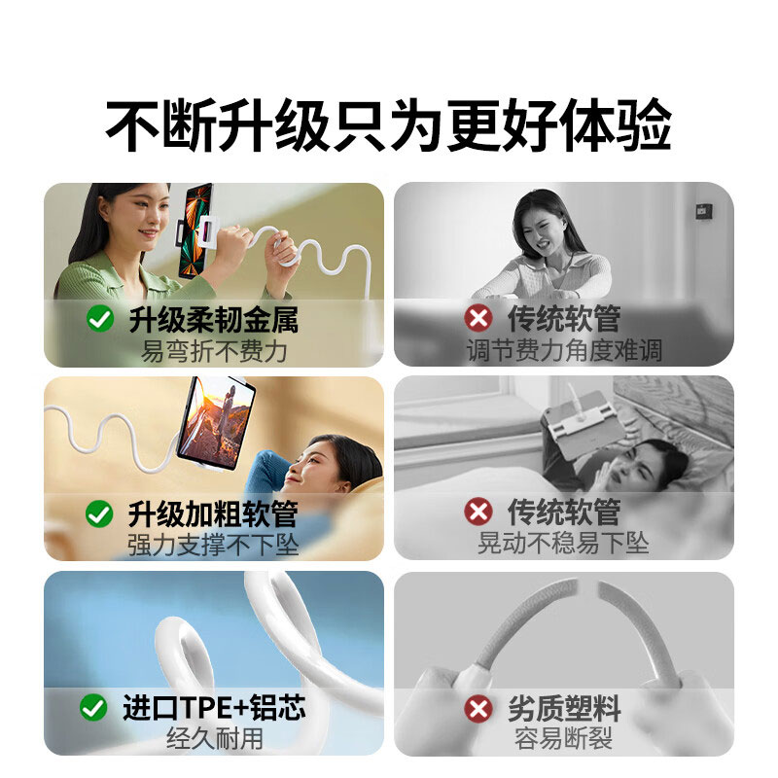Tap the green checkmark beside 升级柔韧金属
(x=100, y=318)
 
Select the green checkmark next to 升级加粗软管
(x=99, y=513)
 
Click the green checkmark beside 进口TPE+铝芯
(x=93, y=708)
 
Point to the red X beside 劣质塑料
(x=477, y=708)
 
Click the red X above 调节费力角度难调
(x=477, y=318)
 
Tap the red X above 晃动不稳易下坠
(x=477, y=512)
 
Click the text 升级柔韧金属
(x=213, y=318)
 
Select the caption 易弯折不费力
(x=214, y=350)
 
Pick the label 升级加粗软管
(x=213, y=513)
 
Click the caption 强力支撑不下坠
(x=214, y=545)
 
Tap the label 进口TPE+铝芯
(x=214, y=708)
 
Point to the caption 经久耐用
(x=214, y=738)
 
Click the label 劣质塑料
(x=564, y=708)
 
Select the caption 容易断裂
(x=564, y=739)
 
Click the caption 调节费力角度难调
(x=564, y=350)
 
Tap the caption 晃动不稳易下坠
(x=564, y=543)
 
